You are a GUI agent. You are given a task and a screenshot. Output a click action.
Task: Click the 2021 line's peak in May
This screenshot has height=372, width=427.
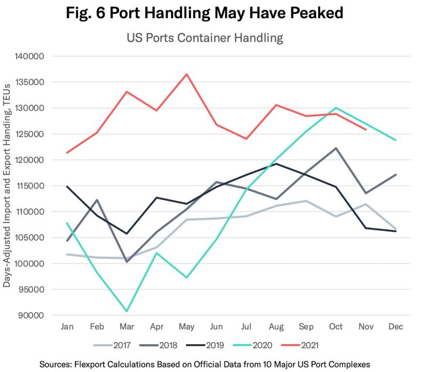point(186,74)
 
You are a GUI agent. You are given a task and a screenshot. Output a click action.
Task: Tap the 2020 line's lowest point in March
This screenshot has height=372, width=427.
point(126,311)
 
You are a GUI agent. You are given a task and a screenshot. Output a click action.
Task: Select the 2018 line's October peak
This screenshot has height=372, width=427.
point(336,148)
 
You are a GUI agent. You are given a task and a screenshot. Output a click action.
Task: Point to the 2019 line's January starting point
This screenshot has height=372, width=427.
point(67,187)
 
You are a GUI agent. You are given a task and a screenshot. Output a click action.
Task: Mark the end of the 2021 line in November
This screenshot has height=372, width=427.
point(366,130)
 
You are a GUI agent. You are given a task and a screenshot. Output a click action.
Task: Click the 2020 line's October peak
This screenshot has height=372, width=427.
point(336,108)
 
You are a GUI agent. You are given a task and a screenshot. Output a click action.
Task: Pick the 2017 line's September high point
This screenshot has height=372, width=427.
point(306,201)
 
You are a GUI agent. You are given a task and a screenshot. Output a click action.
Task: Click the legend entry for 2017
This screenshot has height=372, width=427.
point(112,345)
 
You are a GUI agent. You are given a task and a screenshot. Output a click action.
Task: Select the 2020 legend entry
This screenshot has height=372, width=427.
point(252,345)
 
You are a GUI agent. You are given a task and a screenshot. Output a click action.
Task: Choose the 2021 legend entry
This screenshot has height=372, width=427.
point(299,345)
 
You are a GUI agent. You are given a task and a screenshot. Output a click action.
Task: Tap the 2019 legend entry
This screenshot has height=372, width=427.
point(205,345)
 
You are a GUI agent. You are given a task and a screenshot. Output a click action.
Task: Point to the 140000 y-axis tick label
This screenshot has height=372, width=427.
point(29,57)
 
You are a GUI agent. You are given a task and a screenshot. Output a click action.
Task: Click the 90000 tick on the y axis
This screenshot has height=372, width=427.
point(31,315)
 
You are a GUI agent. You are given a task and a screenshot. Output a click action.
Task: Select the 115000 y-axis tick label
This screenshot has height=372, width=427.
point(29,186)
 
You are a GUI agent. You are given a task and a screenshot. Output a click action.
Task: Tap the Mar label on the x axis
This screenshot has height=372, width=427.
point(126,326)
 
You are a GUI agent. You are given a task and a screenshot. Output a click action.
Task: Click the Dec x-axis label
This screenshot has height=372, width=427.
point(396,326)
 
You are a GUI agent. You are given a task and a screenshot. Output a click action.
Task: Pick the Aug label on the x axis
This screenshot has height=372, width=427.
point(276,327)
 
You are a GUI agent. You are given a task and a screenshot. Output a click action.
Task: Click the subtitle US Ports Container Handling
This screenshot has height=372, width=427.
point(205,37)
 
